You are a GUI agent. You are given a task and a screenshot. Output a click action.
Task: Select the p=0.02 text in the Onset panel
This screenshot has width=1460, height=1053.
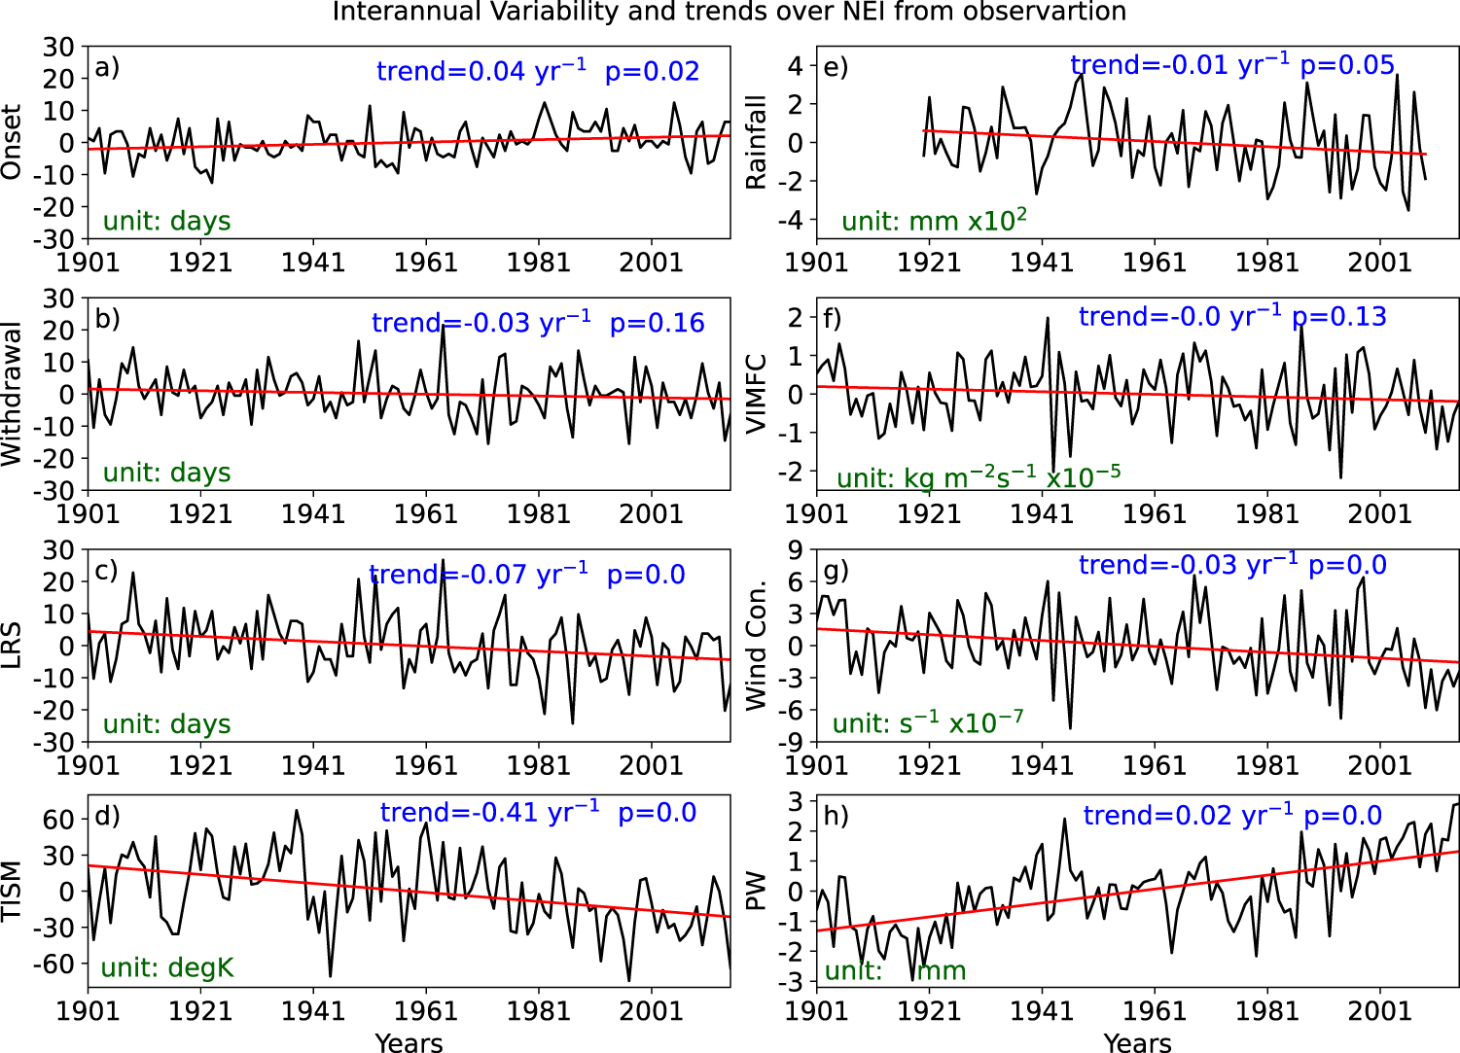(x=652, y=72)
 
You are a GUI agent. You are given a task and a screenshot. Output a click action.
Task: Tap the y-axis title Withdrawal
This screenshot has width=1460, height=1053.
(x=12, y=394)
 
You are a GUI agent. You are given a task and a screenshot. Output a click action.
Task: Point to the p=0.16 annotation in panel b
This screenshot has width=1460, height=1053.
(x=657, y=324)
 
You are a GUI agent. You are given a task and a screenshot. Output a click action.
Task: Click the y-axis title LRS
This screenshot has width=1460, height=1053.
(x=12, y=646)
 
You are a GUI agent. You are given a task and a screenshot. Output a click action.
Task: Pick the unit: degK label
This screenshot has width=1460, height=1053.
(x=167, y=967)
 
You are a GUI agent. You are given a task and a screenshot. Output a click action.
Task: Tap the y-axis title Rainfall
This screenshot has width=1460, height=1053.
(x=756, y=142)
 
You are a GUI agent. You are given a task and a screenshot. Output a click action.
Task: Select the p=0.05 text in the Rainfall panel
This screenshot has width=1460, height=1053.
(x=1347, y=65)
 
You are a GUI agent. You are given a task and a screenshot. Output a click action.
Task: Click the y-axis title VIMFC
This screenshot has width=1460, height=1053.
(x=756, y=394)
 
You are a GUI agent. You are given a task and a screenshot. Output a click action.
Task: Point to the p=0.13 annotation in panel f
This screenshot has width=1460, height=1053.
(x=1338, y=317)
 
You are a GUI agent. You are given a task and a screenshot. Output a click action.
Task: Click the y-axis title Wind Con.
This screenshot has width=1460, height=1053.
(x=756, y=646)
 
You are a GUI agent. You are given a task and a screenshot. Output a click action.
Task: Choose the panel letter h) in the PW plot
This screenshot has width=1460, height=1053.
(x=836, y=815)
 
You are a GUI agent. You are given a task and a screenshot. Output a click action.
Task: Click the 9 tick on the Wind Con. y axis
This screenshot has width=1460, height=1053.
(x=795, y=550)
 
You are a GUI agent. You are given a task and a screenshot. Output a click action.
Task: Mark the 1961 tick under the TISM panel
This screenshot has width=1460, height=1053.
(x=426, y=1010)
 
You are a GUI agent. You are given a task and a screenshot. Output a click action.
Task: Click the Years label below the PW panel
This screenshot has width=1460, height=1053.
(x=1137, y=1043)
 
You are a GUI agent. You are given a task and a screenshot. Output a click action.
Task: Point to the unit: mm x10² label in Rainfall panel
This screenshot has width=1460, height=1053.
(x=934, y=221)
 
